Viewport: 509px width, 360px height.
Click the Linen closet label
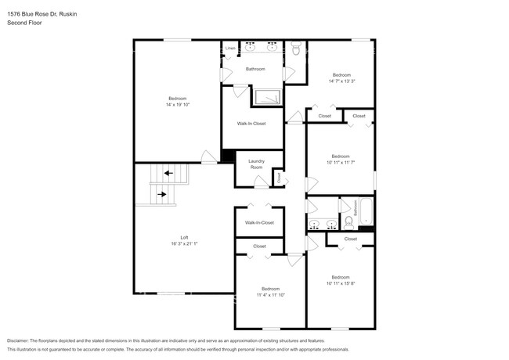point(230,49)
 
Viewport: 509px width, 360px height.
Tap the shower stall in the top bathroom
point(267,97)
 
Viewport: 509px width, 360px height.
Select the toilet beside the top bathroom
point(295,49)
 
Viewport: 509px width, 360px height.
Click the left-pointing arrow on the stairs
point(168,173)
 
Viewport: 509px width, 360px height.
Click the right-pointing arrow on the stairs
point(161,193)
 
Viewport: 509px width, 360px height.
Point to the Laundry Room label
point(256,164)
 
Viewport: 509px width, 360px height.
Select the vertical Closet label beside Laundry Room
point(280,177)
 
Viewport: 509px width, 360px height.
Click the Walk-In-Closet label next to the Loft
point(259,222)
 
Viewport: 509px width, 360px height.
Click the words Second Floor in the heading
point(24,23)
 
